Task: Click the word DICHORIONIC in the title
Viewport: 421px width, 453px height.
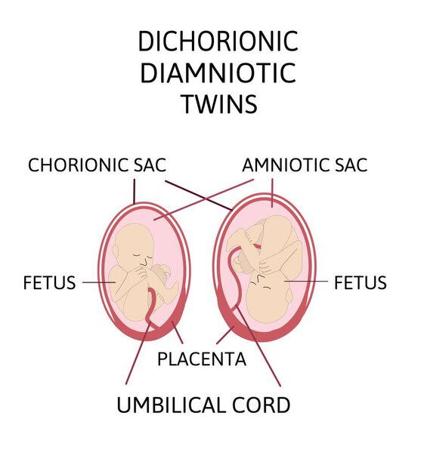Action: coord(218,42)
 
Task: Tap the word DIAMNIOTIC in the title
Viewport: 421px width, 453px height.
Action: coord(218,72)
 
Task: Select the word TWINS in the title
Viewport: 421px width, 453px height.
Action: coord(219,103)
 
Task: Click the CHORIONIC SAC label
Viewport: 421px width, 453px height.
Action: coord(97,165)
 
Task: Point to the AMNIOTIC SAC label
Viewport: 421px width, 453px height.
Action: coord(305,165)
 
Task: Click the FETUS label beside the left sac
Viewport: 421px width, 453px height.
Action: coord(49,282)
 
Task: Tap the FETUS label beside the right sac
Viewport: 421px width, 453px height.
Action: coord(361,282)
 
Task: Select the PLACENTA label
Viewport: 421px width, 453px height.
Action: coord(202,359)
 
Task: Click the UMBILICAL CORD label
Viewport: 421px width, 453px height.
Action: coord(203,405)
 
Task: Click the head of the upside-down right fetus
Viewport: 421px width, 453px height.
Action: coord(268,297)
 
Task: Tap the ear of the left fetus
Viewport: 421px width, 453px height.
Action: coord(116,252)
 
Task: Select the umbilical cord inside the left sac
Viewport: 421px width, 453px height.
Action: coord(151,308)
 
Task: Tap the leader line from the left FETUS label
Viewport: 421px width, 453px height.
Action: coord(99,282)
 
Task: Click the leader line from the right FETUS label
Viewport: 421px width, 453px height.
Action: coord(306,281)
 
